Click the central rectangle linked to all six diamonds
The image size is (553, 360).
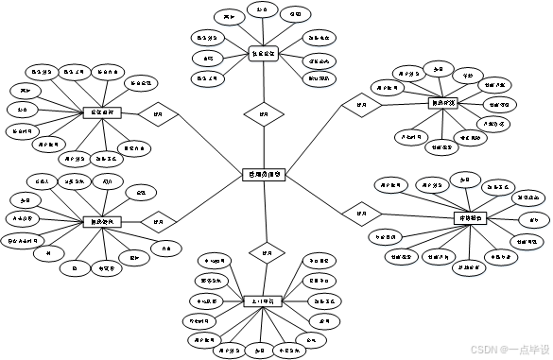[x=265, y=174]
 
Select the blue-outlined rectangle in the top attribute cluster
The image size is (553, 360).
[x=264, y=54]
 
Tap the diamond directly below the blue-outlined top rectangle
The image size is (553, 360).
[x=264, y=114]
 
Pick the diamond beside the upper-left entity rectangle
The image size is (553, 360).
[x=158, y=113]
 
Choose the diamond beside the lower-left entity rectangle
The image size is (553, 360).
[x=158, y=221]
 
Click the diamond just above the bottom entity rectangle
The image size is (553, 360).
[x=266, y=253]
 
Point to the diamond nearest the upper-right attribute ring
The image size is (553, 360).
[x=360, y=104]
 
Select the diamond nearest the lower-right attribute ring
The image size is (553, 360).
[x=360, y=214]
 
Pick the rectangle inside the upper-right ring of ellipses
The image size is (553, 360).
[x=443, y=102]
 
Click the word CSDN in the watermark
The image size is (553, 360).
[x=483, y=348]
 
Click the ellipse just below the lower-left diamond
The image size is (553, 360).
[x=165, y=249]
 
